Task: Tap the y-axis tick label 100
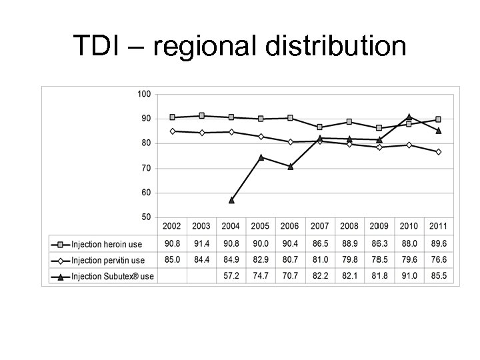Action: pos(144,94)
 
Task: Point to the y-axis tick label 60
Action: pos(146,193)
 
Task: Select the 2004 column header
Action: pos(231,227)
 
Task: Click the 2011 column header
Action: pos(438,227)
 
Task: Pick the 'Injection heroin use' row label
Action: pos(107,244)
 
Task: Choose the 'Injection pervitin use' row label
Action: pos(108,261)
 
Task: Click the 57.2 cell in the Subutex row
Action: pos(231,276)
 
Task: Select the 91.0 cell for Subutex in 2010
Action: pos(409,276)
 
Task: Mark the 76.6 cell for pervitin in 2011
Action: pos(438,260)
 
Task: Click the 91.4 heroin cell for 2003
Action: pos(201,244)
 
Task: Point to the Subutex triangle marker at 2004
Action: pos(231,199)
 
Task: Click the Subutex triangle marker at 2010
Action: pos(409,117)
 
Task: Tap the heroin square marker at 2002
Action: pos(173,117)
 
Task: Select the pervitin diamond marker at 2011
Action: pos(438,152)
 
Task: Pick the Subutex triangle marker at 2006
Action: pos(291,166)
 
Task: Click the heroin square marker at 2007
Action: pos(320,127)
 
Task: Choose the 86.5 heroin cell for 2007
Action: pos(320,244)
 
